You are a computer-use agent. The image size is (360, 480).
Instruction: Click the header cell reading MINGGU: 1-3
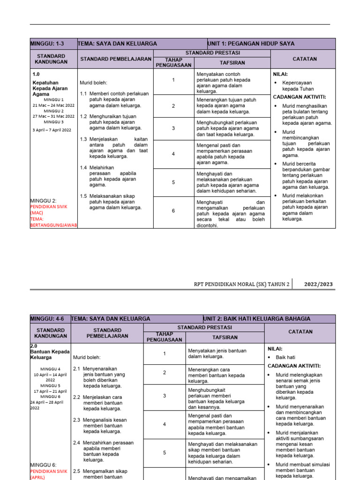coord(47,44)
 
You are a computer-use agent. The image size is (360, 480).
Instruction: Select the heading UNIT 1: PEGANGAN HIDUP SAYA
coord(252,44)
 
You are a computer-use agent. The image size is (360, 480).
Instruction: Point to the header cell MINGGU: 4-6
coord(47,319)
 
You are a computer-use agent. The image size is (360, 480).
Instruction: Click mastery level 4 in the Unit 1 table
coord(173,154)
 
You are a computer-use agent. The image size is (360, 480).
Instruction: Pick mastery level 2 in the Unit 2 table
coord(165,372)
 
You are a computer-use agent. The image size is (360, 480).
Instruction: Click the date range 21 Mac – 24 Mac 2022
coord(53,105)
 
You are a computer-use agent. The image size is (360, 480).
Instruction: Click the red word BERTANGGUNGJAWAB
coord(53,225)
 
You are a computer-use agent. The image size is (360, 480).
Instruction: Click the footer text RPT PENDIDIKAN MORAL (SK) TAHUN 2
coord(241,284)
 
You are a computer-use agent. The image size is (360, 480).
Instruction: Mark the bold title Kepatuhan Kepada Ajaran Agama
coord(50,88)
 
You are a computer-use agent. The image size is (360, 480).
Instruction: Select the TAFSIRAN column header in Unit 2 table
coord(225,337)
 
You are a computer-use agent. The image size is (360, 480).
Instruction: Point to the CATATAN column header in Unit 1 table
coord(305,59)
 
